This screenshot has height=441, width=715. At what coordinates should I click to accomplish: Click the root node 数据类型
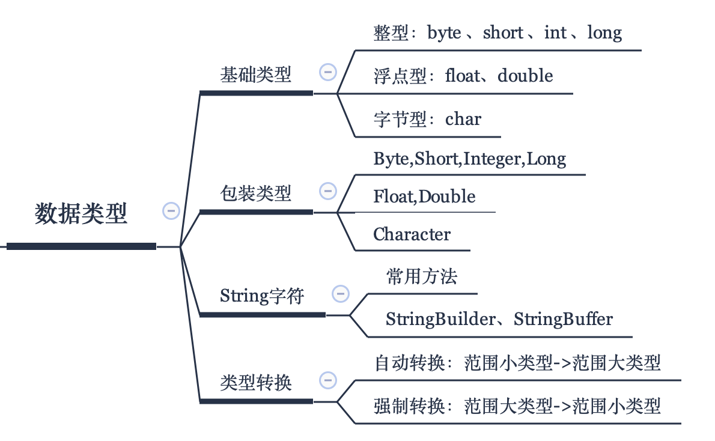pos(81,213)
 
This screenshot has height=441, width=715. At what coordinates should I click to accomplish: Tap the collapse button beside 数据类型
pos(171,211)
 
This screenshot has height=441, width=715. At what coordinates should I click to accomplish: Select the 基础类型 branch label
pos(255,75)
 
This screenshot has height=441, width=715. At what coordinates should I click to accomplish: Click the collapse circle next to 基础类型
pos(328,72)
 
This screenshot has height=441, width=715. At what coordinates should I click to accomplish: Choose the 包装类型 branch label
pos(255,193)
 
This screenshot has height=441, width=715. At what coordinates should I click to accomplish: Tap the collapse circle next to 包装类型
pos(328,191)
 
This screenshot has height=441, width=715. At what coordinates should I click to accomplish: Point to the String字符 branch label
pos(262,296)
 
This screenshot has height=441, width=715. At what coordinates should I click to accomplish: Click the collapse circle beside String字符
pos(341,294)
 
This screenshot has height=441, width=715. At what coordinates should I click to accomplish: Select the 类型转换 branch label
pos(255,382)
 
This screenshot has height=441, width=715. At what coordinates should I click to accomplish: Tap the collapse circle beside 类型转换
pos(328,380)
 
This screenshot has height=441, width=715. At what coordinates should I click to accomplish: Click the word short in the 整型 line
pos(503,33)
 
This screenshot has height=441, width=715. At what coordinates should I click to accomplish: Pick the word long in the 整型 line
pos(604,33)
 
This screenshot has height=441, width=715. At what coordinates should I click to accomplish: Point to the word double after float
pos(525,76)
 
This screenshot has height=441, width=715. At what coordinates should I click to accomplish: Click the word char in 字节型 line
pos(463,119)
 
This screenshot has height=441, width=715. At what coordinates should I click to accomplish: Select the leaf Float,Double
pos(425,196)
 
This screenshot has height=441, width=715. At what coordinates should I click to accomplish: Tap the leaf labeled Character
pos(412,234)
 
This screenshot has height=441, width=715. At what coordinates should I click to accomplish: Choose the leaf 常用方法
pos(422,276)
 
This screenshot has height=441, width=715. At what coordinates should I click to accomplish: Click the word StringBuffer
pos(563,319)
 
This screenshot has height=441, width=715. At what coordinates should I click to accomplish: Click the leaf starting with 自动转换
pos(517,363)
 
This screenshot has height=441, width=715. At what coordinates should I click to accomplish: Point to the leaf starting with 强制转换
pos(517,406)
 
